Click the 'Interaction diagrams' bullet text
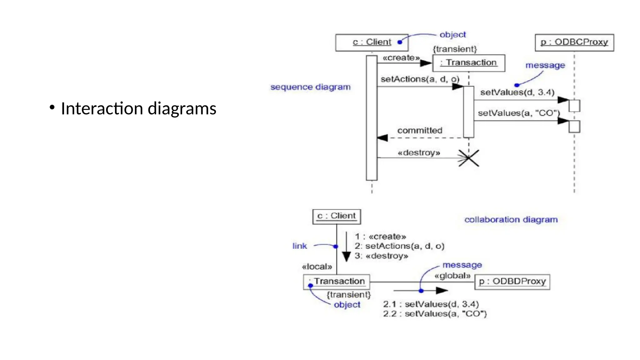click(138, 108)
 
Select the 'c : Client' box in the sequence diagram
click(372, 42)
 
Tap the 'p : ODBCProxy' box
click(574, 42)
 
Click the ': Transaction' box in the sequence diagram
click(468, 63)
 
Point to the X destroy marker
click(468, 158)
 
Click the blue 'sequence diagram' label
click(310, 87)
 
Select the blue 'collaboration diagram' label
click(511, 220)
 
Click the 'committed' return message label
click(419, 130)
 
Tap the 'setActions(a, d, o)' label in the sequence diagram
click(420, 79)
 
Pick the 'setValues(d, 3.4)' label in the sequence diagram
click(517, 92)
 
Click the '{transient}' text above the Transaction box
click(455, 49)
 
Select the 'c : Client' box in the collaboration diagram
click(337, 217)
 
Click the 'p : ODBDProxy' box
click(512, 282)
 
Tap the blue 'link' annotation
click(300, 246)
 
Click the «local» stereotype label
click(317, 267)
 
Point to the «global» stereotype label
click(452, 276)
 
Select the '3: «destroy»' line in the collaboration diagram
click(381, 256)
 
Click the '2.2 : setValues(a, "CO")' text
click(435, 314)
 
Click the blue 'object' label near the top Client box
click(452, 35)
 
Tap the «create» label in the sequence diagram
click(401, 58)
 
